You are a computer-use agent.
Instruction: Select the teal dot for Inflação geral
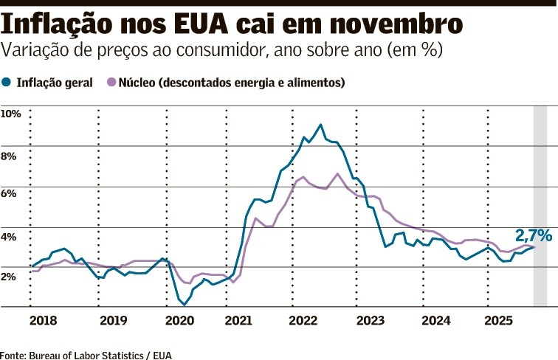7,83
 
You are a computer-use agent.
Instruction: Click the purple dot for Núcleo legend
112,83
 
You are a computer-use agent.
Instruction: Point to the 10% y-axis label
11,114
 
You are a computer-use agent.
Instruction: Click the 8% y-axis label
8,156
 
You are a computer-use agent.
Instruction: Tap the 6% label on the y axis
8,193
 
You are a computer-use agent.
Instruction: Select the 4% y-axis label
8,238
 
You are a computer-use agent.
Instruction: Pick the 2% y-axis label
8,276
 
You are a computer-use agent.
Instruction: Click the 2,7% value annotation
533,235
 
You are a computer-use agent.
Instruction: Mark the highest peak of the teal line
320,125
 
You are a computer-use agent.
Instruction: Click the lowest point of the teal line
185,304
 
